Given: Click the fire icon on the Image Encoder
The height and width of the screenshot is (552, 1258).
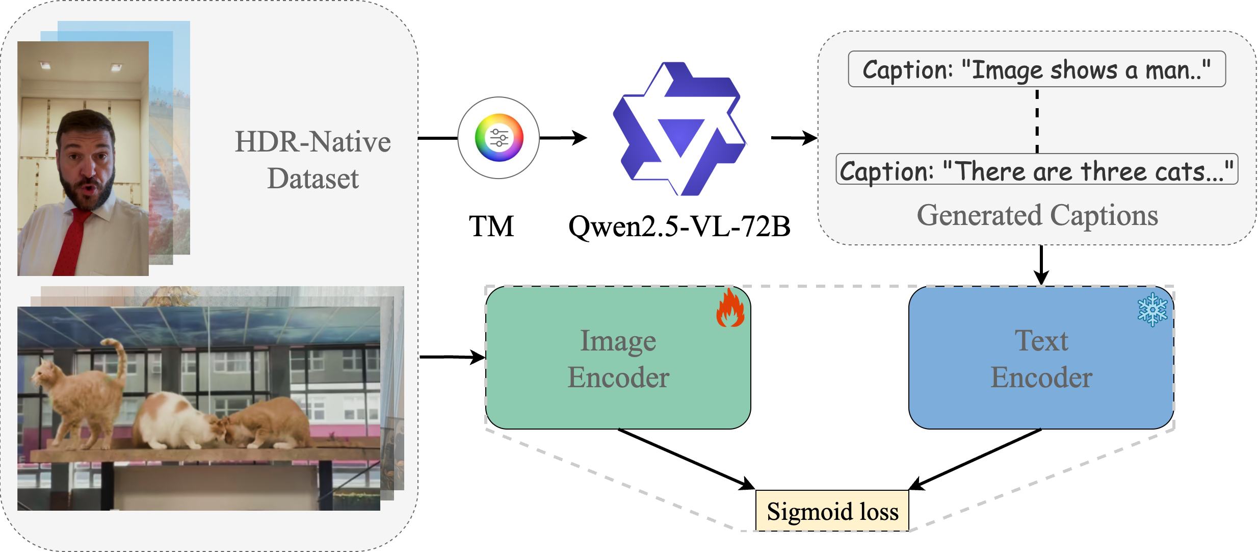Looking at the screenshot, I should coord(730,308).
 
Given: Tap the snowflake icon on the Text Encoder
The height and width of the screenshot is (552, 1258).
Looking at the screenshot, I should coord(1152,310).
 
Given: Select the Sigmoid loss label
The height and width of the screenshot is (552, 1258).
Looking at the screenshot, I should coord(832,511).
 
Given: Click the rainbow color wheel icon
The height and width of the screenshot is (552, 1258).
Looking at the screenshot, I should coord(499,138).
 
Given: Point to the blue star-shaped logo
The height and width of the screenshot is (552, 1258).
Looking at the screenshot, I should coord(680,130).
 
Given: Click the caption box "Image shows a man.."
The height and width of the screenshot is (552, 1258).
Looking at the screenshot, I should coord(1036,69).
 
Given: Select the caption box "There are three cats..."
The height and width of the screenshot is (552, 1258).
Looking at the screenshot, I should coord(1036,170).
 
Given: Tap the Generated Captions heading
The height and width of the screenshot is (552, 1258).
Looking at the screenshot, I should coord(1037,215).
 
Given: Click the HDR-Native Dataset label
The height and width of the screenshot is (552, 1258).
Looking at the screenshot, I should coord(312,160).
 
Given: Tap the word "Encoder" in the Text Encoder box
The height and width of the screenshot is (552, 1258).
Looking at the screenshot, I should coord(1041,378).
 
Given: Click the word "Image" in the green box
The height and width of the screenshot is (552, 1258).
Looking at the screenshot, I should coord(618,341).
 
